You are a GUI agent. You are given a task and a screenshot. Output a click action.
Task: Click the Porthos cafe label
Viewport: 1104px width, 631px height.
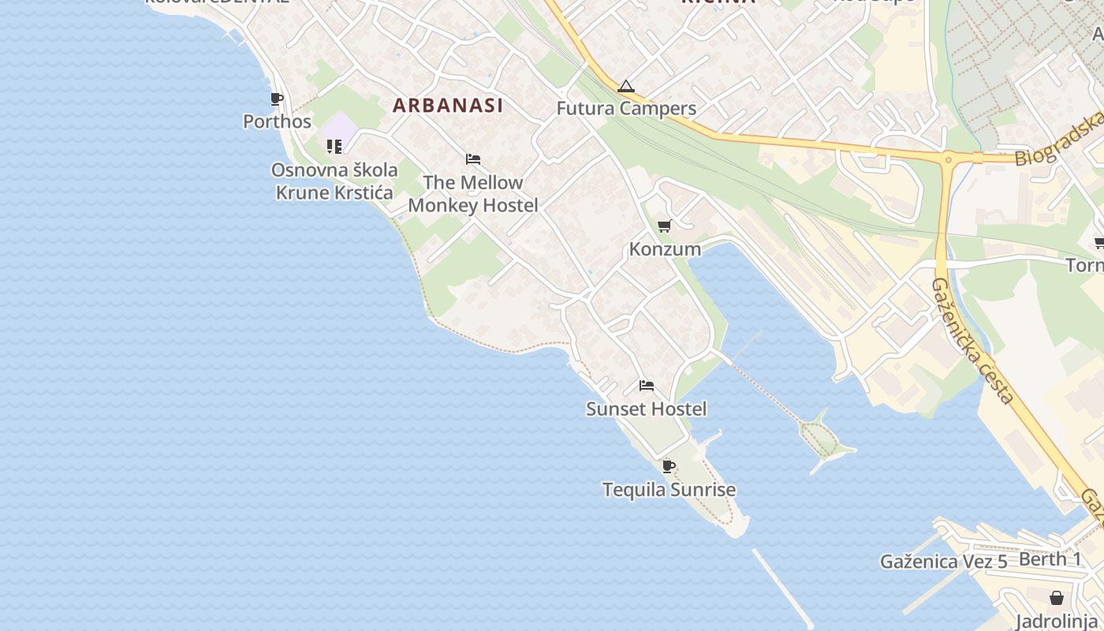pos(277,122)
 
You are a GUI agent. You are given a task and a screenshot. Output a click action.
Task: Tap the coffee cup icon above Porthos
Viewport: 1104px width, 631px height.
pos(276,99)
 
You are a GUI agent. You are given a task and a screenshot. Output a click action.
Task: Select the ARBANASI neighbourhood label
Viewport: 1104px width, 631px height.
pos(447,105)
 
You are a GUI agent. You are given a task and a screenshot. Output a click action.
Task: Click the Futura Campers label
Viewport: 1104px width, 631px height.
pos(626,109)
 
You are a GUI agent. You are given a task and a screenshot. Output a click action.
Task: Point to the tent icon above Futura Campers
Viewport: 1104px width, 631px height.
pos(625,86)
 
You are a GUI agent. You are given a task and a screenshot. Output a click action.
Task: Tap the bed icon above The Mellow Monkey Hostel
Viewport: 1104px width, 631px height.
pos(473,159)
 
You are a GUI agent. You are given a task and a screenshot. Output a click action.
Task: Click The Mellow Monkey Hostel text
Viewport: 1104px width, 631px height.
pos(473,194)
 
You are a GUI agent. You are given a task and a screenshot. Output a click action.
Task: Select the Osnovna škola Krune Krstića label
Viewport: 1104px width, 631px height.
pos(334,181)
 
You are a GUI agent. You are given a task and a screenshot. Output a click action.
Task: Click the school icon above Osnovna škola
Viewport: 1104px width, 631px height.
pos(334,147)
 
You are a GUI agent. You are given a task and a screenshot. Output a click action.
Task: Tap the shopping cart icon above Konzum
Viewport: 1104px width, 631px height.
pos(665,226)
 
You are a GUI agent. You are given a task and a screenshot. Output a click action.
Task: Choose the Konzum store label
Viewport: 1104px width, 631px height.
pos(665,249)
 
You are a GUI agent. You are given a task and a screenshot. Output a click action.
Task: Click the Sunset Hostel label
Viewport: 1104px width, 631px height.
pos(646,409)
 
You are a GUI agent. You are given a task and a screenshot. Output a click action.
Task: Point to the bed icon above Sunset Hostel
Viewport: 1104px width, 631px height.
pos(647,386)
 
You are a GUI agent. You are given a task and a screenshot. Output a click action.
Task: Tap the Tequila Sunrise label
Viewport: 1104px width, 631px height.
pos(669,490)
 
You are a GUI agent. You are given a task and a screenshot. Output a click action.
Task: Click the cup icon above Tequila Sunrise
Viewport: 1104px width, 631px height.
pos(669,467)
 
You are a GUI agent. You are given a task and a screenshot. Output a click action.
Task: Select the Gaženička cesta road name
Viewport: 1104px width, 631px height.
pos(972,341)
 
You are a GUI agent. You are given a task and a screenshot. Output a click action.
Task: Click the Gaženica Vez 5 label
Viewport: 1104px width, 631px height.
pos(943,562)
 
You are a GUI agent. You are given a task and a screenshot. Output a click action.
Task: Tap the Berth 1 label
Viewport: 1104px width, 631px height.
pos(1050,559)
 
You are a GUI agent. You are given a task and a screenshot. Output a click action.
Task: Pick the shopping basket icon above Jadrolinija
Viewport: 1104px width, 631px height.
pos(1056,598)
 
